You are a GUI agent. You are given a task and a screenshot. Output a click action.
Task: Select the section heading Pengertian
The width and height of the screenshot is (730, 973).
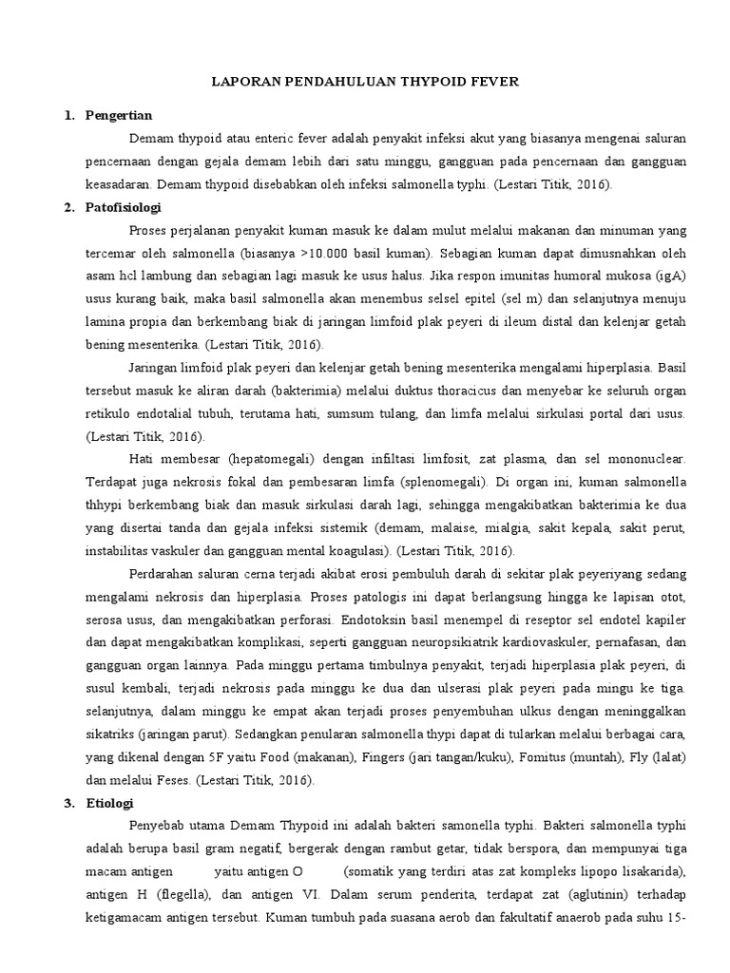coord(119,115)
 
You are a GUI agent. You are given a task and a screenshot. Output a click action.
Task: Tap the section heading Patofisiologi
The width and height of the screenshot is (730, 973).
coord(125,206)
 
